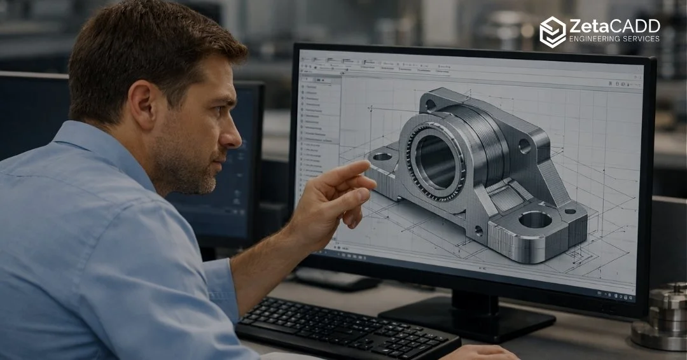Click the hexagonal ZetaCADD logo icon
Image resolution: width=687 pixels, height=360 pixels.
(552, 32)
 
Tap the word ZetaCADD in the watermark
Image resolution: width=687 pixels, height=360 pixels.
(614, 26)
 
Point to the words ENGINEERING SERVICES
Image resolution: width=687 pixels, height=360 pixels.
(614, 39)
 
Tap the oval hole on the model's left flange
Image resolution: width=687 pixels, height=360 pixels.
(382, 156)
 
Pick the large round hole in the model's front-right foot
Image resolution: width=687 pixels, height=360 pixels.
(535, 219)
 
